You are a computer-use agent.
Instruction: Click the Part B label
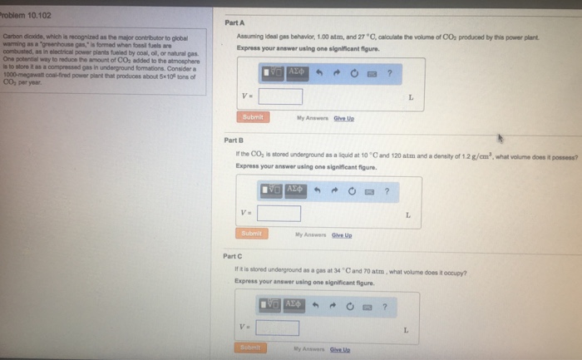tap(234, 141)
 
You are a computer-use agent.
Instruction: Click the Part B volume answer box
tap(278, 214)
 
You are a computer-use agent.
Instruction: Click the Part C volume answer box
tap(277, 328)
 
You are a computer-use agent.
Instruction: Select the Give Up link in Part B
tap(341, 235)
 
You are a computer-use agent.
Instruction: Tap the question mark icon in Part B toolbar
tap(386, 191)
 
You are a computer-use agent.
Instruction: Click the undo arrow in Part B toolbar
tap(318, 191)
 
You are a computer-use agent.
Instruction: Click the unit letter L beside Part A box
tap(410, 97)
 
